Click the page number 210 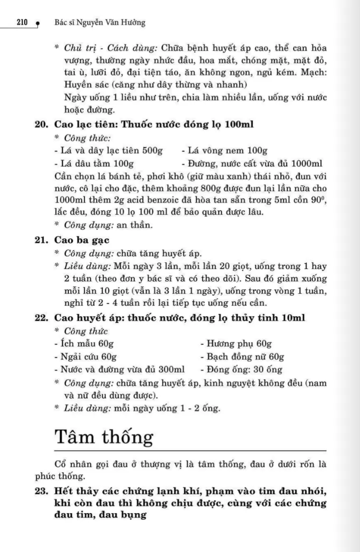point(23,22)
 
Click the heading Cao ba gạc point(82,240)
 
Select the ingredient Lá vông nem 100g point(224,151)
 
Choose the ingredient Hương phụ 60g point(236,344)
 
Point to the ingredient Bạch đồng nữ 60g point(242,357)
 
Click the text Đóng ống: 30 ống point(241,370)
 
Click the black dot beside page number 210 point(37,22)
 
